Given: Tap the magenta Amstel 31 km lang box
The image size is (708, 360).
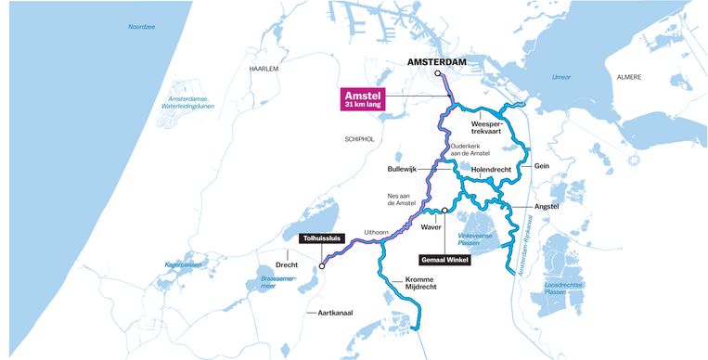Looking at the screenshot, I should click(363, 100).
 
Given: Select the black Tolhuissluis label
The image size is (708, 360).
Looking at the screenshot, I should click(321, 238).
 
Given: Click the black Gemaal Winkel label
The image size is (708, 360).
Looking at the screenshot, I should click(445, 260).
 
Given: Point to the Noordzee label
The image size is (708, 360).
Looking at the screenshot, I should click(143, 27).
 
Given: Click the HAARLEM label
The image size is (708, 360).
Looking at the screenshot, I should click(264, 69).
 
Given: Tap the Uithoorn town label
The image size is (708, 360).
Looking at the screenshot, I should click(376, 231).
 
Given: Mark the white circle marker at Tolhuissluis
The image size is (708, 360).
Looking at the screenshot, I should click(322, 266).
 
